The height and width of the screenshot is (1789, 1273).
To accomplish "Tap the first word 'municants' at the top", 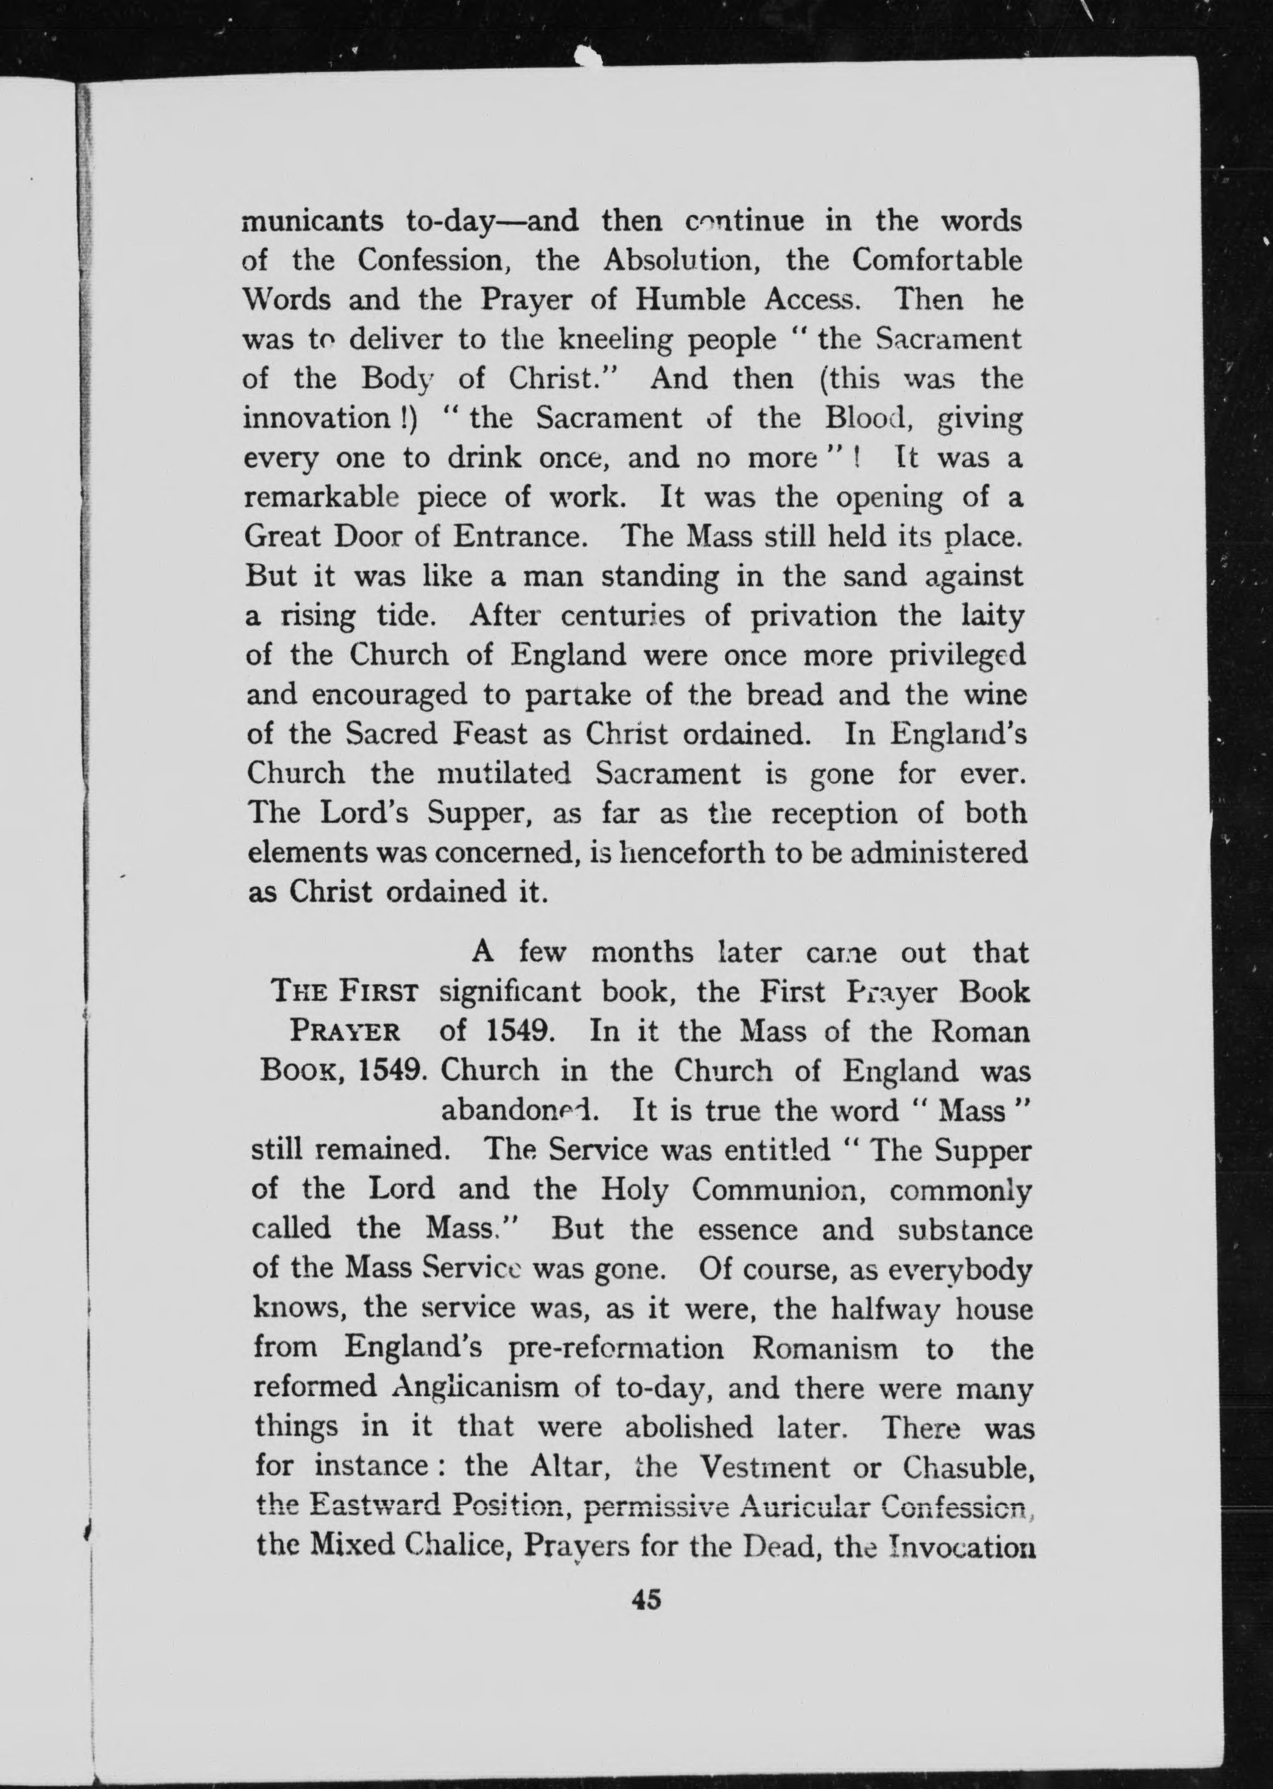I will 312,222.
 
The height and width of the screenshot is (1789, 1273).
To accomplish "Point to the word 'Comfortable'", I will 937,260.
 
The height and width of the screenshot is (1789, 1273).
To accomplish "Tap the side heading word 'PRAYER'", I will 345,1032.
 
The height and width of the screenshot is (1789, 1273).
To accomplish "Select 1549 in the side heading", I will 392,1071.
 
